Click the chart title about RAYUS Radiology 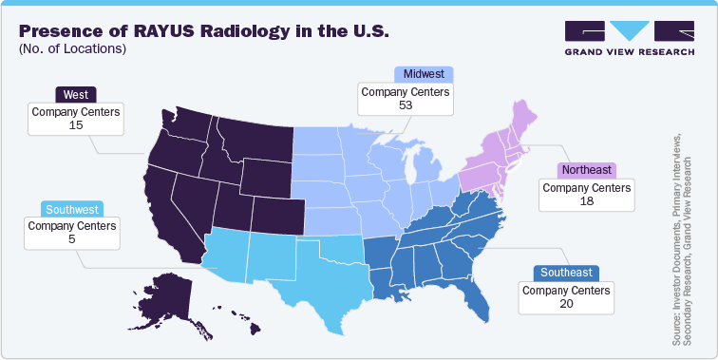(203, 30)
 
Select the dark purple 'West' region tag (75, 94)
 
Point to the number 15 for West (75, 125)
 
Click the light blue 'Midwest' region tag (422, 74)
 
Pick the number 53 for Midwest (406, 104)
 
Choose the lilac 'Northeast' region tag (587, 170)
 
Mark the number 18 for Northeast (587, 201)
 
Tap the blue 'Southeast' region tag (566, 272)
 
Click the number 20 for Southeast (566, 303)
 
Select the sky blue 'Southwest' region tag (72, 209)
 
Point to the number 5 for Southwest (72, 240)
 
